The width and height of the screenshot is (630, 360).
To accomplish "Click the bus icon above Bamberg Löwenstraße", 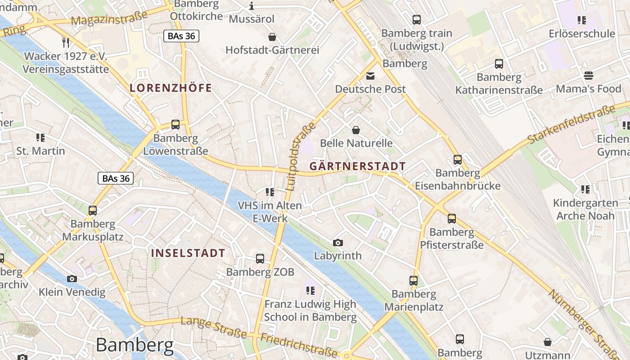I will coord(175,124).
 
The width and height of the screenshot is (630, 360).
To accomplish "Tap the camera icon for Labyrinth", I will coord(337,243).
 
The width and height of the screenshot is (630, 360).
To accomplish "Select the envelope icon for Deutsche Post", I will coord(370,76).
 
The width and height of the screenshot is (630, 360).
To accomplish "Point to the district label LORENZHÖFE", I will coord(171,88).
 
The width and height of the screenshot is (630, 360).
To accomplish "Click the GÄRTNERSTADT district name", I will coord(358,166).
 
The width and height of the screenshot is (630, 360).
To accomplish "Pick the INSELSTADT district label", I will coord(188,253).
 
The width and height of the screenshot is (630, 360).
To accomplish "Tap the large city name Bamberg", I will coord(135,345).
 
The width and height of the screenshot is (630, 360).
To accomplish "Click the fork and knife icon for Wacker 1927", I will coord(66,43).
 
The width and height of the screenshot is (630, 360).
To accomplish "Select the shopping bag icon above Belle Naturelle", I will coord(356,130).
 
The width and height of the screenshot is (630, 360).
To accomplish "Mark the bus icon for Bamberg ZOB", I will coord(260,259).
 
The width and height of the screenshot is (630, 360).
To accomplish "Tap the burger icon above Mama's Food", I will coord(589,75).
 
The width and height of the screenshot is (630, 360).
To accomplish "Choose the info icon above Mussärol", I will coord(252,6).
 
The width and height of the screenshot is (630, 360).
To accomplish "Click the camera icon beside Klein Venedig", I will coord(72,279).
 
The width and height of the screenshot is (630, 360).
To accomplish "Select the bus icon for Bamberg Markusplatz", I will coord(93,210).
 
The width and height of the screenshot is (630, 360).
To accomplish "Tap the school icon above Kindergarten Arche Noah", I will coord(585,189).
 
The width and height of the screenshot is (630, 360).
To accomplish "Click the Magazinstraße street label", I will coord(109,18).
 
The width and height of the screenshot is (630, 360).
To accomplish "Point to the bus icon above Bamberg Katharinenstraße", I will coord(499,64).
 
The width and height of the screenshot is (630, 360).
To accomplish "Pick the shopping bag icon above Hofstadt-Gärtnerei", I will coord(272,36).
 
